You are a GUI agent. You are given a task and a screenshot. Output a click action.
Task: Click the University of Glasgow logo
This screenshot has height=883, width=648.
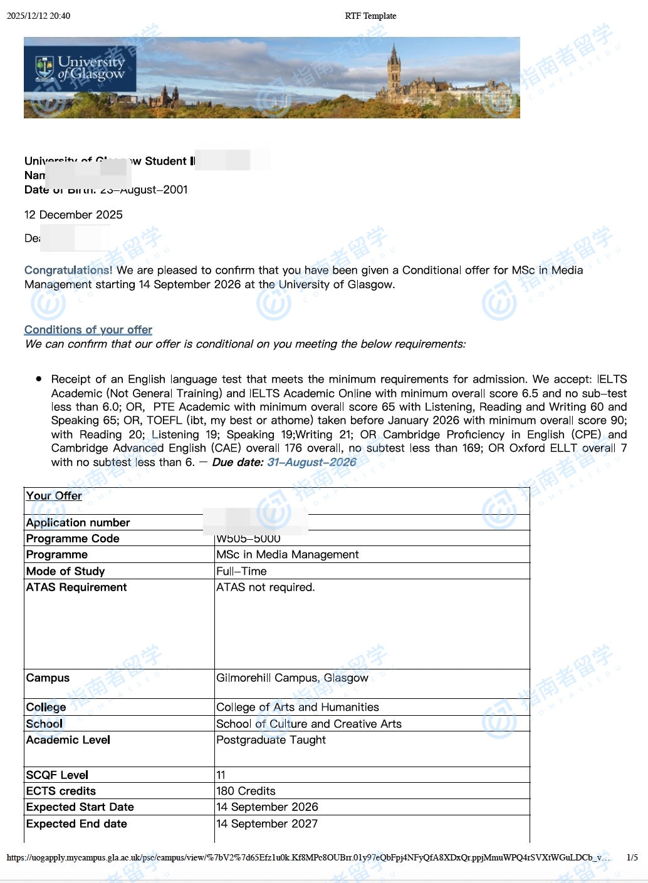[80, 70]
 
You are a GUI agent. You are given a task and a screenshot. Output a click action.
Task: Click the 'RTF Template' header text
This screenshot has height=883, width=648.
[370, 16]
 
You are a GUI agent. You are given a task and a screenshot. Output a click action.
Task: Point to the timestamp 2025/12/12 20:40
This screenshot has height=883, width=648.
[38, 16]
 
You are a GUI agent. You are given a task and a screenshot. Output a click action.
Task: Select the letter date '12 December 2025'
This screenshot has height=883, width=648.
[73, 215]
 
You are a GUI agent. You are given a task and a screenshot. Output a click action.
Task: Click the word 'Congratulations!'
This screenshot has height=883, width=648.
[68, 270]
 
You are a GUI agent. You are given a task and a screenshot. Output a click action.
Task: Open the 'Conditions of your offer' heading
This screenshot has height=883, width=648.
[88, 329]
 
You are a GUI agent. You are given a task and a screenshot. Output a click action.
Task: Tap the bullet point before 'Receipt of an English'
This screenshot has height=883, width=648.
[39, 378]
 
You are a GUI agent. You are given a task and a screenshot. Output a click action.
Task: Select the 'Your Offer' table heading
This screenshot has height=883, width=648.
[54, 495]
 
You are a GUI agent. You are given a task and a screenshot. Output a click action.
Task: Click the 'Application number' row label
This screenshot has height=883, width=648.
[78, 522]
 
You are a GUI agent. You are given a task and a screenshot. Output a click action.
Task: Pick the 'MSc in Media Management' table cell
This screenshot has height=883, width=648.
[288, 554]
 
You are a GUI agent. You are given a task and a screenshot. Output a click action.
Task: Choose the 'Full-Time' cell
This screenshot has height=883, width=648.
[241, 571]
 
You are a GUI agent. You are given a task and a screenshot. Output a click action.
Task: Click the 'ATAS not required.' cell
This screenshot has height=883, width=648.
[266, 587]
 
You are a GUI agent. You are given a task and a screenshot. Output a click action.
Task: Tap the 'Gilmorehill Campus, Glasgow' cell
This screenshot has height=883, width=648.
[292, 678]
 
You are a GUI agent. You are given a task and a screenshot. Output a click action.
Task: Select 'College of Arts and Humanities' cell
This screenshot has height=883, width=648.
[298, 707]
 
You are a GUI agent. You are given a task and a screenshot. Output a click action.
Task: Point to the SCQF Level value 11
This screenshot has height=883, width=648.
[221, 775]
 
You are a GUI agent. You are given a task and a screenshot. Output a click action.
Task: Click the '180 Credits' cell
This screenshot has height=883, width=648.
[246, 791]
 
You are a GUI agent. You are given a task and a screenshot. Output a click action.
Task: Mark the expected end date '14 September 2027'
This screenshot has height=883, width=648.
[267, 824]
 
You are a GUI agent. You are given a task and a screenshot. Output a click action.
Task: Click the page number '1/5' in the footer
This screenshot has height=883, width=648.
[632, 857]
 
